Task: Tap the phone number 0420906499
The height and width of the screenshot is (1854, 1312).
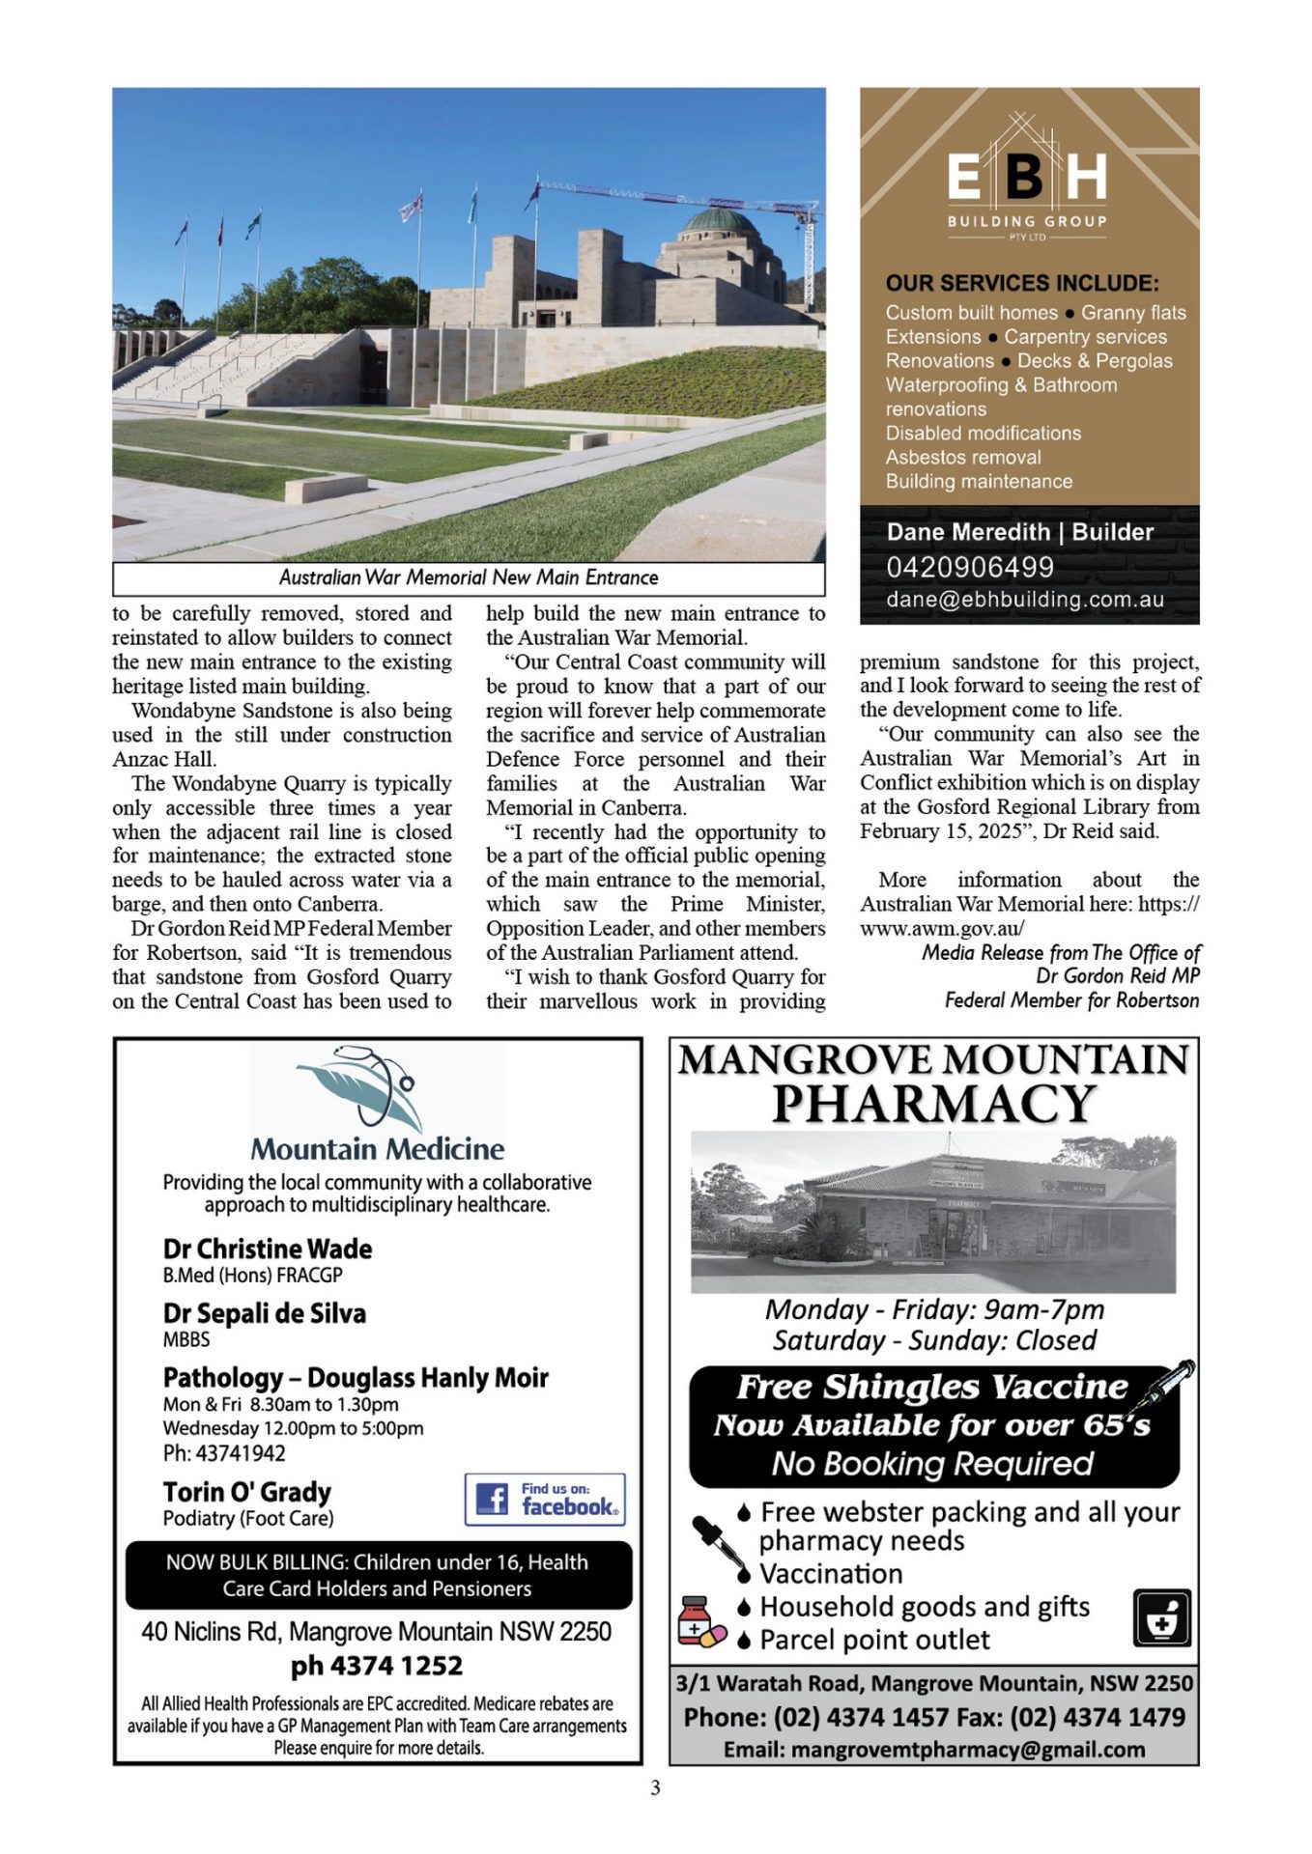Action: click(x=970, y=567)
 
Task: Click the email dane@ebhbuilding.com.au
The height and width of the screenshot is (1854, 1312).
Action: click(x=1024, y=599)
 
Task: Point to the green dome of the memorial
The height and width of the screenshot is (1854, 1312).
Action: click(x=720, y=222)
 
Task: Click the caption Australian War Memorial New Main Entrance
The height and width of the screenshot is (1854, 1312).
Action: click(x=469, y=577)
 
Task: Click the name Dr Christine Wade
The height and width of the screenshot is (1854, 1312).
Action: click(x=268, y=1249)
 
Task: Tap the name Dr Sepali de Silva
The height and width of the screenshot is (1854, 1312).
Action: click(x=265, y=1313)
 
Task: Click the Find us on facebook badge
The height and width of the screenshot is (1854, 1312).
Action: click(x=545, y=1499)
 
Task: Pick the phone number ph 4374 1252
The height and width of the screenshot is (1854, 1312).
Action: click(x=377, y=1666)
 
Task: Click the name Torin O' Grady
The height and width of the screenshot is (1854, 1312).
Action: click(x=247, y=1492)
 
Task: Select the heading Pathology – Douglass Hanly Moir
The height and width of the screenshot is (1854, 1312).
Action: click(x=356, y=1377)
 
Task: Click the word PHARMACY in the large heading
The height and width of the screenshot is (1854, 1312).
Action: click(x=933, y=1104)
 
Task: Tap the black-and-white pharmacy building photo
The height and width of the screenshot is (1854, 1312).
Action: click(x=933, y=1212)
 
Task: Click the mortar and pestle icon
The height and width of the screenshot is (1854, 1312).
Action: click(x=1161, y=1617)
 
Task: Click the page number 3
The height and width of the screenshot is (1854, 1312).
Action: click(x=655, y=1787)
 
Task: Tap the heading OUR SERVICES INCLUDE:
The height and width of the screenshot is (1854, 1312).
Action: click(x=1022, y=283)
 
